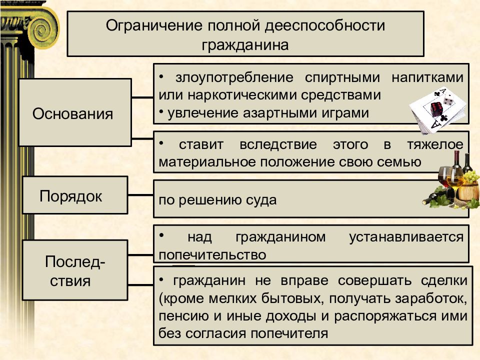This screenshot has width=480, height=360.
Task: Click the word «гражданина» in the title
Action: [245, 45]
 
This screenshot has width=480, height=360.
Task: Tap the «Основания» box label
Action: [73, 114]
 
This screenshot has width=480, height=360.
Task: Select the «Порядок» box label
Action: [70, 196]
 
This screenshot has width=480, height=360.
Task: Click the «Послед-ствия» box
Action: [75, 269]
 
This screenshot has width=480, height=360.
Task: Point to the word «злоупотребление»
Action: [234, 78]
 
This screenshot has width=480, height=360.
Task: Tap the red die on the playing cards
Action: [436, 109]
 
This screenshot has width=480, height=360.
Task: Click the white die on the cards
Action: [449, 100]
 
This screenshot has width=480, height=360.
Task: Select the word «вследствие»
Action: [278, 144]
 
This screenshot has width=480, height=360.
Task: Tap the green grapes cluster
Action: [471, 177]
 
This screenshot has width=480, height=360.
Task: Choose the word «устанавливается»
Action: [406, 237]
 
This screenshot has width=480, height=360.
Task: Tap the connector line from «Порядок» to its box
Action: [140, 194]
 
